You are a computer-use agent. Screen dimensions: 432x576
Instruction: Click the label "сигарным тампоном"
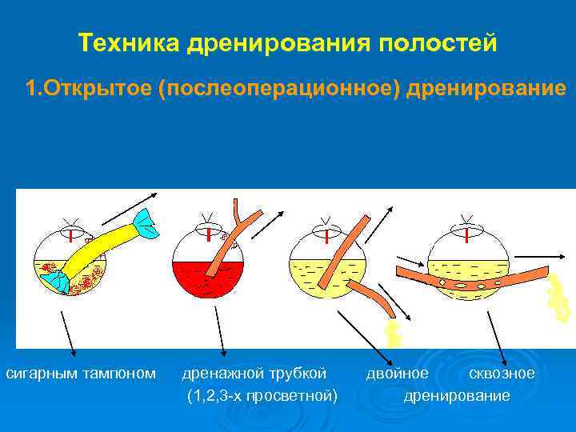pos(81,373)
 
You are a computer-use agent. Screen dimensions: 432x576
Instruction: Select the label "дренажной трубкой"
pos(254,373)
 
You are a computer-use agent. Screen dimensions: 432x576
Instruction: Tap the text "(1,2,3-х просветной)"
pos(262,395)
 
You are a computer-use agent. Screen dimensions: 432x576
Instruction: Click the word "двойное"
pos(397,373)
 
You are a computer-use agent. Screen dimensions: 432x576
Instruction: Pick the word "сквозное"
pos(502,373)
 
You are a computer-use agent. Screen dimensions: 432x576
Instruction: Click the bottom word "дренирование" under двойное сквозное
pos(457,395)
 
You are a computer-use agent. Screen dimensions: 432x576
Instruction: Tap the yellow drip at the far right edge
pos(558,298)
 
